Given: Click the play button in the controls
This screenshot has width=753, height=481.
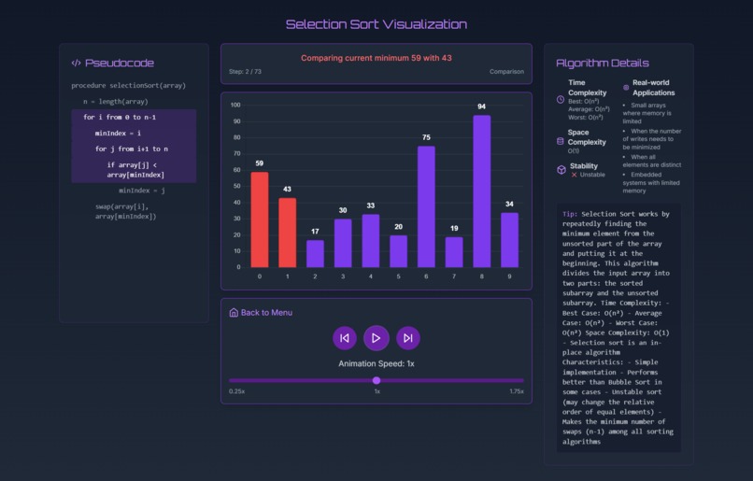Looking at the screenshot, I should [x=376, y=338].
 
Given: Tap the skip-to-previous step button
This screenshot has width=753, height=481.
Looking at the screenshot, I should [x=345, y=338].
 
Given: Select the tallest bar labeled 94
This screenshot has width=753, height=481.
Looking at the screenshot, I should [x=481, y=191].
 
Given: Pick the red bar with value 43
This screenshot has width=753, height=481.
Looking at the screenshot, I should [x=287, y=233].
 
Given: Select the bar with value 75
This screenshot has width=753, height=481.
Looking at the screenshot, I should [x=426, y=206].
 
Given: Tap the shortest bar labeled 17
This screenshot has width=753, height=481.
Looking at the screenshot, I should [x=315, y=253].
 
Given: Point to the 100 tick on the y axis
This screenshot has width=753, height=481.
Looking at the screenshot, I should [x=234, y=106].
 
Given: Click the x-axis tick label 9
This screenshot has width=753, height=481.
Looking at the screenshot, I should [x=509, y=276].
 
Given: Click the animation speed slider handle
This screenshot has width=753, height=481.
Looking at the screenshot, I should [x=376, y=380].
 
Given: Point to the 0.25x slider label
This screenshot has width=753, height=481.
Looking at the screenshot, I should [x=237, y=391].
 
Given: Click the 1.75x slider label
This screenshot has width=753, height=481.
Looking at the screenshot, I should [x=516, y=391].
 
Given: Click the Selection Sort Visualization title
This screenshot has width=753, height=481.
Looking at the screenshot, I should [x=376, y=24].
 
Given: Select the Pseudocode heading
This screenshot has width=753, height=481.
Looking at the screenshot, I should [x=119, y=63].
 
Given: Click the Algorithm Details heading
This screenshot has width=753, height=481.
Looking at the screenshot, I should [x=603, y=63].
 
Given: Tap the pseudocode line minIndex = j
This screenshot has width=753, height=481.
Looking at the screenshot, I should [x=141, y=190].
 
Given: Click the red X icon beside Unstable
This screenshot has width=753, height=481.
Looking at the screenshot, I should [x=574, y=175].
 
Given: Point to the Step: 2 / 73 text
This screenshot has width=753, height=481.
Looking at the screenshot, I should [x=245, y=72].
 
